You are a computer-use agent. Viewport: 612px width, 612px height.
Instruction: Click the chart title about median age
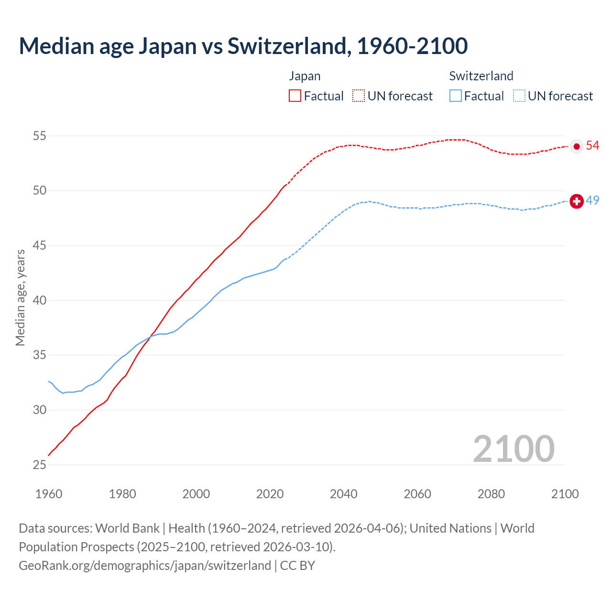[x=243, y=46]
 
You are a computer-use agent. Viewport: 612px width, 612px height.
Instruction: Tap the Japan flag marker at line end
[x=577, y=146]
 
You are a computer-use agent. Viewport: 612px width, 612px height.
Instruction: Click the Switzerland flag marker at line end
[x=577, y=201]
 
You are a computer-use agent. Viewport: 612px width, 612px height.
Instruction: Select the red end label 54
[x=592, y=145]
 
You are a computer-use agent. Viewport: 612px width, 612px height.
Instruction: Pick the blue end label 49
[x=592, y=200]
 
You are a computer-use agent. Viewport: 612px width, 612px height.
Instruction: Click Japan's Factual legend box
[x=295, y=96]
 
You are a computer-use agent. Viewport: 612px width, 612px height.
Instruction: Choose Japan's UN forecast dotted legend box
[x=359, y=96]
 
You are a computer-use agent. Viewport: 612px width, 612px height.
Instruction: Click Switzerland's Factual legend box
[x=456, y=96]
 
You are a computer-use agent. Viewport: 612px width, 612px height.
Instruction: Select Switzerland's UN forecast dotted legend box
[x=519, y=96]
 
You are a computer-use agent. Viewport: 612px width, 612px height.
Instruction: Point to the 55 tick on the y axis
[x=39, y=136]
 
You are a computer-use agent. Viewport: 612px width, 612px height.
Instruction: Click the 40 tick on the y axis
[x=39, y=300]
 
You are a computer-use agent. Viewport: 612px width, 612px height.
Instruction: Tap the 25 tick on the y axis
[x=39, y=465]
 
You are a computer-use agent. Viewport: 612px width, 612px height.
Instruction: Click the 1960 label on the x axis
[x=49, y=494]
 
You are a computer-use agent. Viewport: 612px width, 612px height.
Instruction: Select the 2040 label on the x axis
[x=343, y=494]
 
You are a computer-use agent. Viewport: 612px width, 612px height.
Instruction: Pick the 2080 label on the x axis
[x=491, y=494]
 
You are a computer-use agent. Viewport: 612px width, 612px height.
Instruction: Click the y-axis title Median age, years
[x=20, y=297]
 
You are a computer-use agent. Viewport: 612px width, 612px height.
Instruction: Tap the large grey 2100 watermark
[x=514, y=448]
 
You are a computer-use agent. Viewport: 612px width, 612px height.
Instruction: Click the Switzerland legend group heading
[x=481, y=76]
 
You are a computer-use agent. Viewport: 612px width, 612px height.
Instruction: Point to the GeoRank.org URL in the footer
[x=144, y=565]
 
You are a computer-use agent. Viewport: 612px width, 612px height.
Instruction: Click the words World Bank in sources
[x=127, y=528]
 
